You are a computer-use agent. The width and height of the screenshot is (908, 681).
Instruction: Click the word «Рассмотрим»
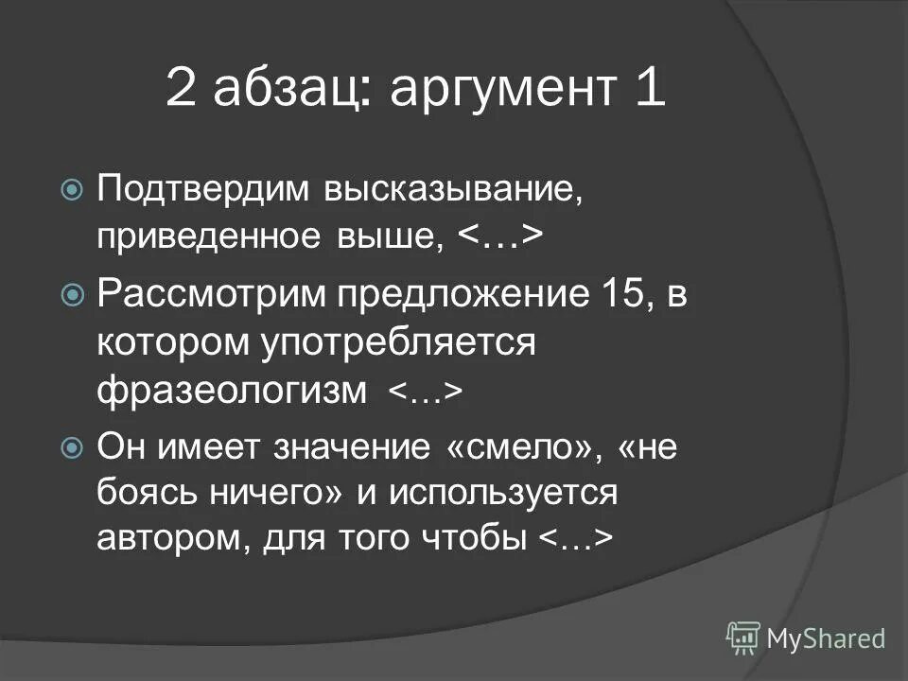206,295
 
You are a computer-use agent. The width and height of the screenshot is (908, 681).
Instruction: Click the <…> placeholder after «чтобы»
577,540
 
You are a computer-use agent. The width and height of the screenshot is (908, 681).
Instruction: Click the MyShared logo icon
743,637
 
